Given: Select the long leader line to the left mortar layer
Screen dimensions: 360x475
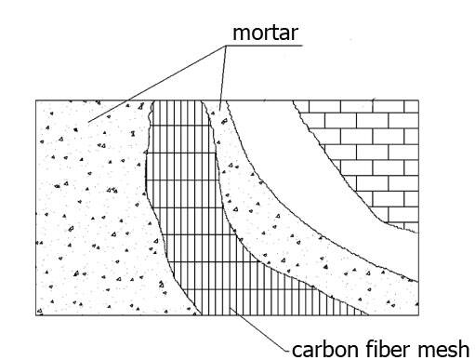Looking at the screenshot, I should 158,85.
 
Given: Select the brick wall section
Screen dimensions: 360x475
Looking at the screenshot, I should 372,149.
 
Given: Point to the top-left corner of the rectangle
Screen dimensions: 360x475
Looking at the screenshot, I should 36,100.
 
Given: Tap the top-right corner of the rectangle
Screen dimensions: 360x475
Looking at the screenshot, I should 417,100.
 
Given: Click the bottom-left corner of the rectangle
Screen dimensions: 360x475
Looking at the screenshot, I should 36,313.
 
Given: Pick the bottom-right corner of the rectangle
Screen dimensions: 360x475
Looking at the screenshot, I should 417,313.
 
